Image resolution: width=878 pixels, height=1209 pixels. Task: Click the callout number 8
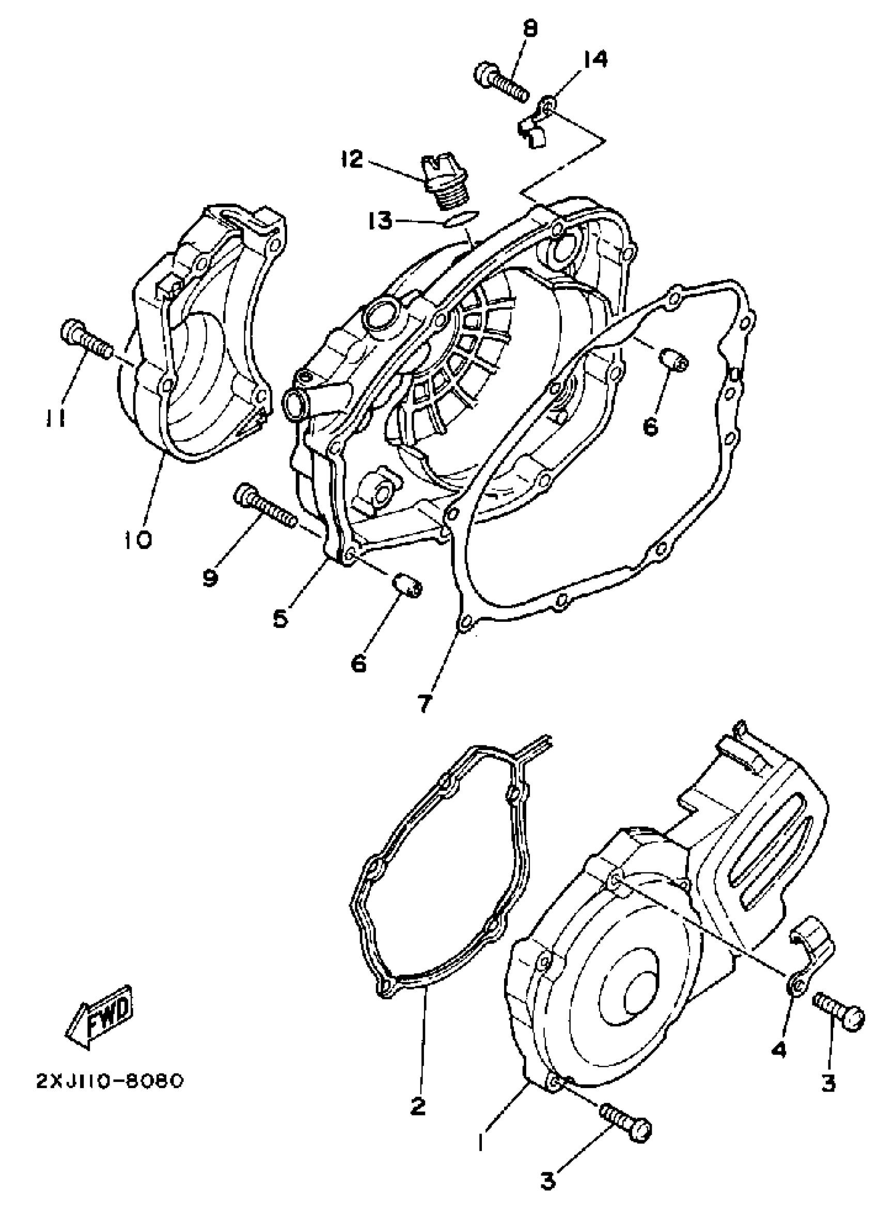(530, 29)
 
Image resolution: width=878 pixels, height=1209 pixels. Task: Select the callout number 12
(352, 159)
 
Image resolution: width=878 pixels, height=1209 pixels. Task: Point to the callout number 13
(381, 220)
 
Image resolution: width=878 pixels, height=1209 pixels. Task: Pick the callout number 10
(138, 541)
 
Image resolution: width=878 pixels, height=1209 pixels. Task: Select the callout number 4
(778, 1050)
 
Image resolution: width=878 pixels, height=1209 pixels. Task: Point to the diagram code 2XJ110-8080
(109, 1081)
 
